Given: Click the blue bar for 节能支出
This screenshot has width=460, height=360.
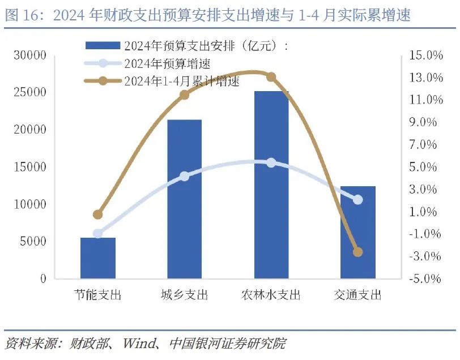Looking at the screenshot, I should click(97, 258).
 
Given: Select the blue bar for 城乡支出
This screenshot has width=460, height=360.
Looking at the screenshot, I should click(184, 199).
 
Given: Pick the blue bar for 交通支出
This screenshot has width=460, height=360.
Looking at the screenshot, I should click(357, 233).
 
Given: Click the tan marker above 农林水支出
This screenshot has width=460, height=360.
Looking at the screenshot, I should click(271, 77).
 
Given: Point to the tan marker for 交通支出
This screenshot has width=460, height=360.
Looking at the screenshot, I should click(357, 252).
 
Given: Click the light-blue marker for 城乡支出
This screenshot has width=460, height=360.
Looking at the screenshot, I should click(184, 177).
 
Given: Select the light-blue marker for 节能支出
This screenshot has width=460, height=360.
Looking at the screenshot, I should click(97, 234).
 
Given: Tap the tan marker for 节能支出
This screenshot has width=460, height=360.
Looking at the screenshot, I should click(97, 215).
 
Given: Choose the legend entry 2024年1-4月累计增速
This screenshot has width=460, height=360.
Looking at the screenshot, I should click(181, 81).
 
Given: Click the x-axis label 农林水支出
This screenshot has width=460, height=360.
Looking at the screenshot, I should click(271, 295).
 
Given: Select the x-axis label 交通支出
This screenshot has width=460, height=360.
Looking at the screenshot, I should click(357, 295).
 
